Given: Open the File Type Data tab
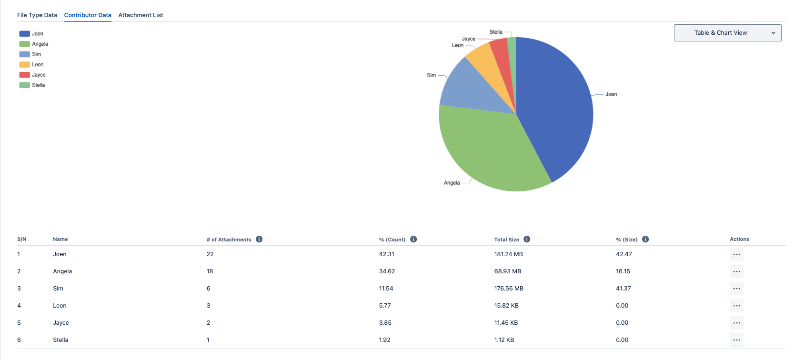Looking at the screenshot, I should pos(37,15).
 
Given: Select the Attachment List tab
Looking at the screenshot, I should pos(141,15).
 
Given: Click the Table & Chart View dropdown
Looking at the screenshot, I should pos(727,33).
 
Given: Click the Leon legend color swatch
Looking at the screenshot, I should pos(24,65).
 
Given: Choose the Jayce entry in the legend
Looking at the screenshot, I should pos(39,75).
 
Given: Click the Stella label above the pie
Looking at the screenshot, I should pos(496,32).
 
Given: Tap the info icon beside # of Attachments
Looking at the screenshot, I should pos(259,239).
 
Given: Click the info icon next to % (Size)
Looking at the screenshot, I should pos(645,239).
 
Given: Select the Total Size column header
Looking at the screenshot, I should pos(506,240).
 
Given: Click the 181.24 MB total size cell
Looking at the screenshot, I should pos(508,254).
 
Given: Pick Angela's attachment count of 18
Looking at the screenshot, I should pos(210,271).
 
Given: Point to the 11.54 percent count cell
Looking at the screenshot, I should pos(386,289).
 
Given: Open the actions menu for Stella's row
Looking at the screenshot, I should pos(736,340).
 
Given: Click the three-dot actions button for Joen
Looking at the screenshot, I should pos(736,254).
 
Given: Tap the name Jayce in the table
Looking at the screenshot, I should pos(61,323).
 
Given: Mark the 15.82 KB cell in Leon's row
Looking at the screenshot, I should pos(506,306).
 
